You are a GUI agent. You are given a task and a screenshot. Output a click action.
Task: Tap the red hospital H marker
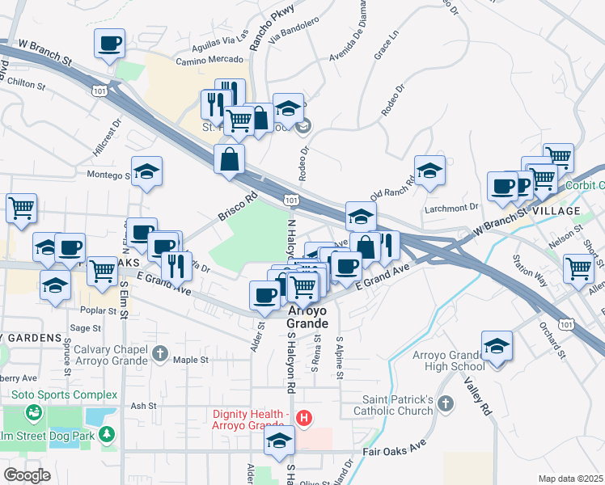tap(304, 418)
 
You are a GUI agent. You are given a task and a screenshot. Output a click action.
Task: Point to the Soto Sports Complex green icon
tap(33, 413)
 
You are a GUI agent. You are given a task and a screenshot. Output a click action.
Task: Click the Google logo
tap(27, 475)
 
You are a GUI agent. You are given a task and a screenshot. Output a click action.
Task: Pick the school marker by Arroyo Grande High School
tap(496, 345)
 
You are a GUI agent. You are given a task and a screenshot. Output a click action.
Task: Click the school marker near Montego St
tap(146, 171)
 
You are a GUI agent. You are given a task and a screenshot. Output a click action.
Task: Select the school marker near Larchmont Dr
tap(429, 171)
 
